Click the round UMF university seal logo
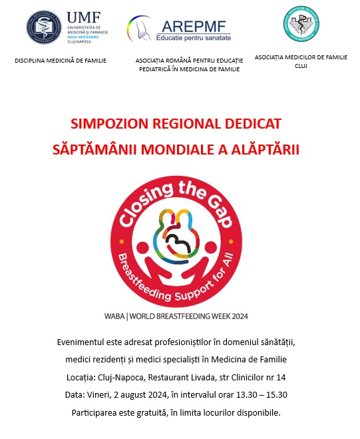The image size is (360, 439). pyautogui.click(x=43, y=27)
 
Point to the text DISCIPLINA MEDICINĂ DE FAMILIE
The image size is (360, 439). pyautogui.click(x=61, y=61)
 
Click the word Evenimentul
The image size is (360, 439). pyautogui.click(x=87, y=342)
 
